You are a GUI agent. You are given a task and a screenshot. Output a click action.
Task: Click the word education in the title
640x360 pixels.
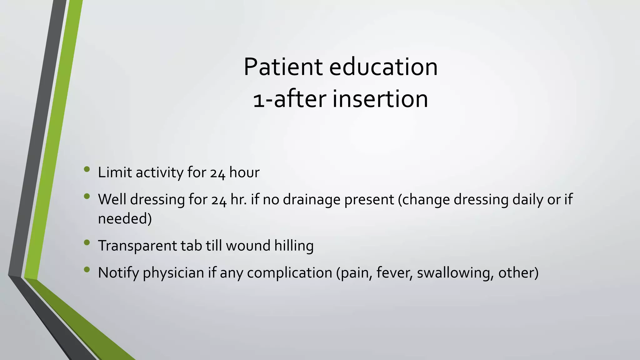coord(383,67)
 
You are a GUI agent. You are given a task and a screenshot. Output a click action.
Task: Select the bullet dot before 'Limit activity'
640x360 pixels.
coord(87,170)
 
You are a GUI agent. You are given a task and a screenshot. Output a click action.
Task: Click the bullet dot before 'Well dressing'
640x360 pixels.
coord(87,197)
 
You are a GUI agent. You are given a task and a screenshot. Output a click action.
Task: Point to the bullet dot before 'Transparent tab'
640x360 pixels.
coord(87,242)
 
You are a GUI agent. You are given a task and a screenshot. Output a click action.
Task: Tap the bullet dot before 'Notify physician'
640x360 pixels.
coord(87,269)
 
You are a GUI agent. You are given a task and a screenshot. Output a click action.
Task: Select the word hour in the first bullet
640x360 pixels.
coord(244,172)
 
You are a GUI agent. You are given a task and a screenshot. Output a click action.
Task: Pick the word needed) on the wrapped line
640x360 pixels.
coord(125,218)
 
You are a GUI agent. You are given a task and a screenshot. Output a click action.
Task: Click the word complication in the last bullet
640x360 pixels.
coord(289,273)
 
